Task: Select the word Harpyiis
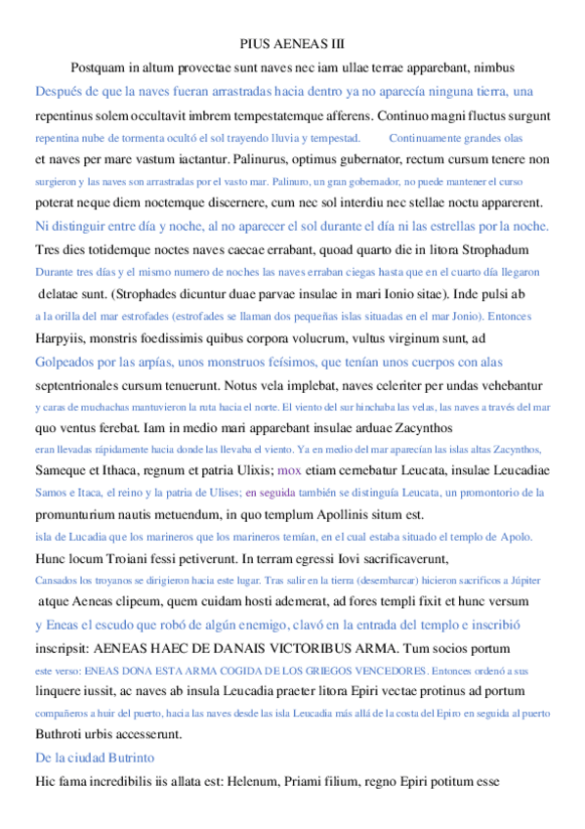tap(60, 339)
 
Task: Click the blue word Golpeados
tap(69, 362)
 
